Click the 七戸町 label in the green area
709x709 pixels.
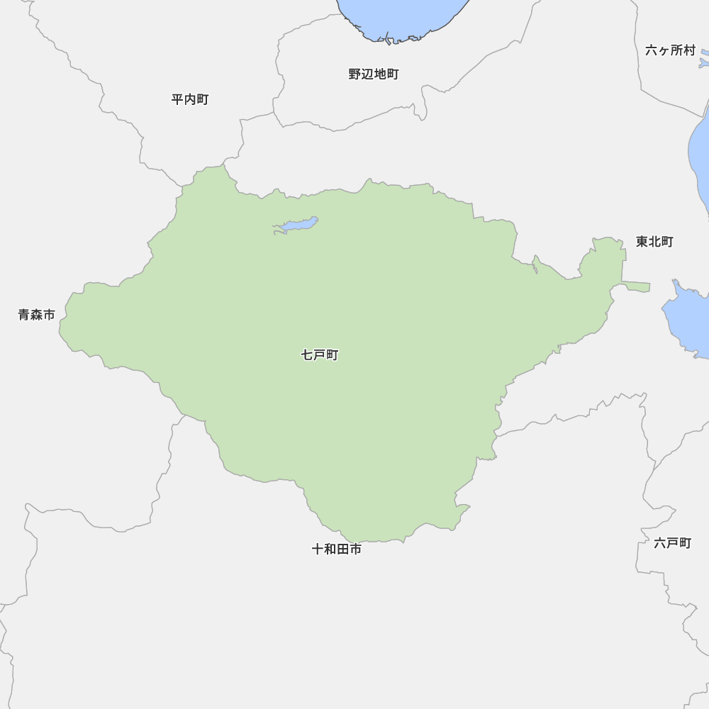click(320, 354)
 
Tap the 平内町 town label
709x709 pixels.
click(190, 99)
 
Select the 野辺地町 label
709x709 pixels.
click(374, 74)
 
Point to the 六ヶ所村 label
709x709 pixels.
click(671, 50)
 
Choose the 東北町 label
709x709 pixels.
click(654, 242)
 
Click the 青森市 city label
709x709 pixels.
click(36, 315)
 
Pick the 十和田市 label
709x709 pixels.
click(337, 549)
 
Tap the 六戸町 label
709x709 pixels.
click(672, 543)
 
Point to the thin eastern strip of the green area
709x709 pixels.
click(637, 286)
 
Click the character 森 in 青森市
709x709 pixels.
click(36, 315)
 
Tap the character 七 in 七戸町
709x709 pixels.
click(307, 354)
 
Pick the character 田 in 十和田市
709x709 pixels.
click(343, 549)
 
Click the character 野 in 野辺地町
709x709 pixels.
click(355, 74)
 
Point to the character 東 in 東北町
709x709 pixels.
click(642, 242)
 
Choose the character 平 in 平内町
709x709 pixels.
click(177, 99)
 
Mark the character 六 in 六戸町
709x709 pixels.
click(660, 543)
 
